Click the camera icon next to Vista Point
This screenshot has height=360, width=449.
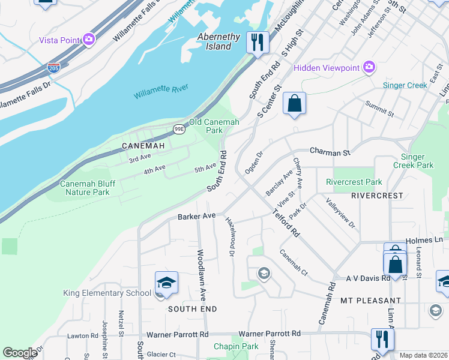coord(89,40)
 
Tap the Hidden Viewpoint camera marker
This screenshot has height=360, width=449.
coord(369,67)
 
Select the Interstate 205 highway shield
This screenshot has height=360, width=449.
coord(53,68)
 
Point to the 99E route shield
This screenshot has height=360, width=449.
coord(179,129)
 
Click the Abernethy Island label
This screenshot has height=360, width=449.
coord(219,41)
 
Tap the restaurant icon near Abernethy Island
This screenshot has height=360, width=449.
coord(258,42)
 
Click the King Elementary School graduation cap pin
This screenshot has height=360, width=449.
coord(166,283)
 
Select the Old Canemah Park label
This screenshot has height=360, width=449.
coord(214,126)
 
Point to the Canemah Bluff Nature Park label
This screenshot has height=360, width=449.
coord(85,188)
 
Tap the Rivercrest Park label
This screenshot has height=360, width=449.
coord(354,182)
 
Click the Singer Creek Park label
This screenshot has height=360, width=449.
coord(413,161)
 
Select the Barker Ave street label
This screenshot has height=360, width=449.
coord(196,216)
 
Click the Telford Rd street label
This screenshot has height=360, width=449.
coord(285,222)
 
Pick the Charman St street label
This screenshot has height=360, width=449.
coord(330,152)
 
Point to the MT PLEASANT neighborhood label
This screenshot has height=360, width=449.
coord(370,300)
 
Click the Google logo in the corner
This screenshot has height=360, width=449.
coord(20,353)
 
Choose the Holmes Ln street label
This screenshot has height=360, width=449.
coord(424,240)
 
